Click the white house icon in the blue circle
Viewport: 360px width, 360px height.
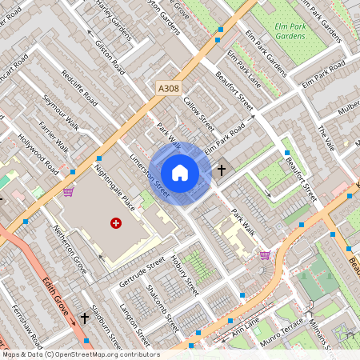[x=180, y=173]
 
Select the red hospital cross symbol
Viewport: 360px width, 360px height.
[x=116, y=223]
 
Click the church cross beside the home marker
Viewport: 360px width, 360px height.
[x=222, y=170]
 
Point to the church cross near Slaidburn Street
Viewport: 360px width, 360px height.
[x=84, y=318]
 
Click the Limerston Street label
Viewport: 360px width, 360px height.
[x=150, y=177]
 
